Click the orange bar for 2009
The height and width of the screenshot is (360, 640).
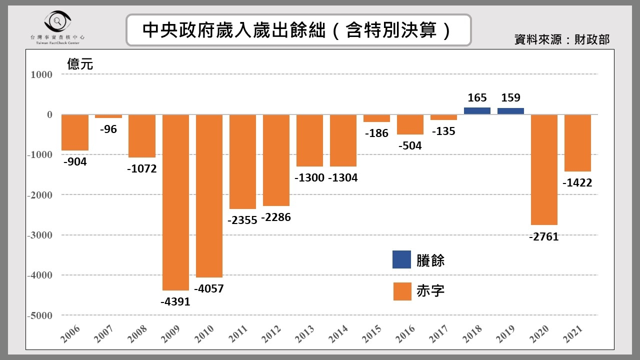(x=175, y=202)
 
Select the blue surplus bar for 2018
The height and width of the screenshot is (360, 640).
(x=477, y=111)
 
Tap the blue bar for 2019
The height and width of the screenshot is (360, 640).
(x=510, y=111)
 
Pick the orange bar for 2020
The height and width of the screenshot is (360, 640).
(x=544, y=170)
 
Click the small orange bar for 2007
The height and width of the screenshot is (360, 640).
(x=108, y=116)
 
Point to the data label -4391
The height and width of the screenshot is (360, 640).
(x=175, y=301)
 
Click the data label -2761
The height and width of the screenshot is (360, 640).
(x=543, y=236)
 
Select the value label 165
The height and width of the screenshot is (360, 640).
(x=477, y=98)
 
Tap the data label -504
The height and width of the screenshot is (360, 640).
(x=409, y=145)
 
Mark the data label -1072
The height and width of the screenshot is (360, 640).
(x=142, y=169)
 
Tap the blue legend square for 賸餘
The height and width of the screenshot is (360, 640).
(x=401, y=259)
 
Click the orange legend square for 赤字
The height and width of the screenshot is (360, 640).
(x=401, y=291)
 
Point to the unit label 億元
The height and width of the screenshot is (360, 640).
(x=80, y=64)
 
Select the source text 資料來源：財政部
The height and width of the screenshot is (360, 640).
(x=562, y=39)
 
